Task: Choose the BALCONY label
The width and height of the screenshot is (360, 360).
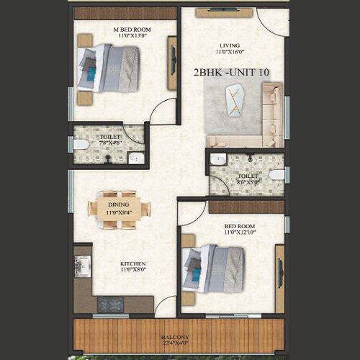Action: coord(176,337)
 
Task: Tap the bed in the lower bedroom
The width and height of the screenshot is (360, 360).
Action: coord(215,268)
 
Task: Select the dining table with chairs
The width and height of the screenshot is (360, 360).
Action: coord(120,210)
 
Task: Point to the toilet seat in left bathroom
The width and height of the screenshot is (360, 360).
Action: coord(81,144)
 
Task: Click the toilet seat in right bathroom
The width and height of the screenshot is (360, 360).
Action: coord(275,174)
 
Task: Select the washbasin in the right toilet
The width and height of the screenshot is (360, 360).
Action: coord(218,159)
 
